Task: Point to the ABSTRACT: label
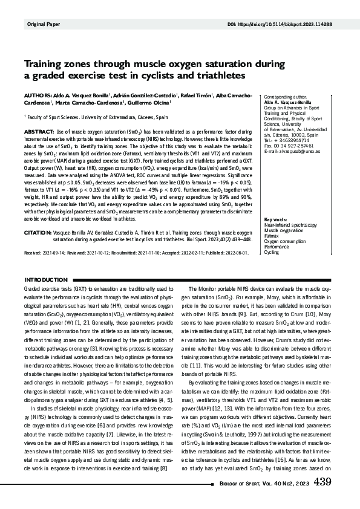(x=39, y=131)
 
